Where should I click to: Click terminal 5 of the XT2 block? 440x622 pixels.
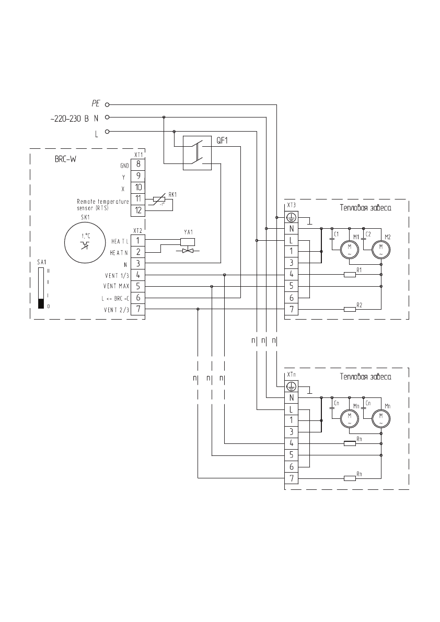click(137, 286)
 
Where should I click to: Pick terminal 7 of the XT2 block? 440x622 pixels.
click(137, 309)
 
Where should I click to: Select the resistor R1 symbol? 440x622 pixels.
click(350, 275)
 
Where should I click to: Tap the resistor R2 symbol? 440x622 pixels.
click(350, 309)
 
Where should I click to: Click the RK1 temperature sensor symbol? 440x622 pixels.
click(159, 199)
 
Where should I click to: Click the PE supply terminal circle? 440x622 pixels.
click(107, 104)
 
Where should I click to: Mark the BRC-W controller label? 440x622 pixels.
click(65, 160)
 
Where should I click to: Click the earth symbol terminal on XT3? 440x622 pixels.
click(291, 217)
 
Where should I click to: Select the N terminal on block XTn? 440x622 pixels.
click(291, 398)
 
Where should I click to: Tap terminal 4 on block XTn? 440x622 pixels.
click(291, 443)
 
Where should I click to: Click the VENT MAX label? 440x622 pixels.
click(116, 286)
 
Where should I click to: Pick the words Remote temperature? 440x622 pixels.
click(102, 201)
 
